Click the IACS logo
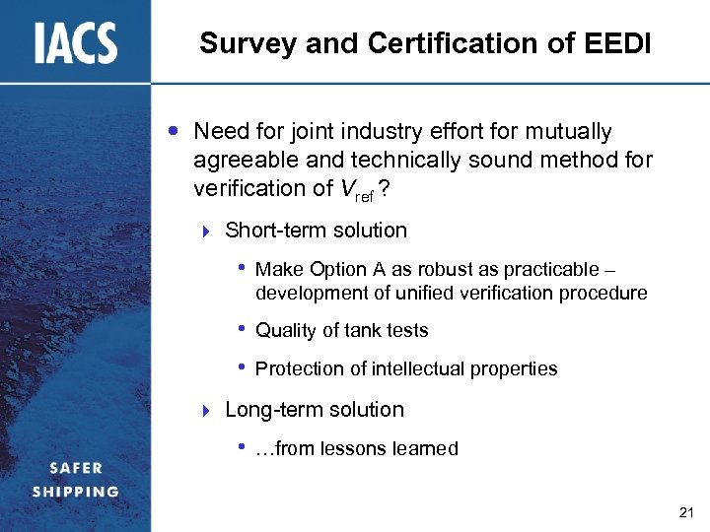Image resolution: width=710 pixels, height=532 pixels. [x=76, y=43]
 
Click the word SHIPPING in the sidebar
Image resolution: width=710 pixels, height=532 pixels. [x=75, y=491]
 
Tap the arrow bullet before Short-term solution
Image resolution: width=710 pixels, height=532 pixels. [x=205, y=232]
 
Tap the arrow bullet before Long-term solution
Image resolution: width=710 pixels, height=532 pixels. [x=205, y=410]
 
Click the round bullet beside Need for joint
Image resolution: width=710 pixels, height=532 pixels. [x=174, y=131]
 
